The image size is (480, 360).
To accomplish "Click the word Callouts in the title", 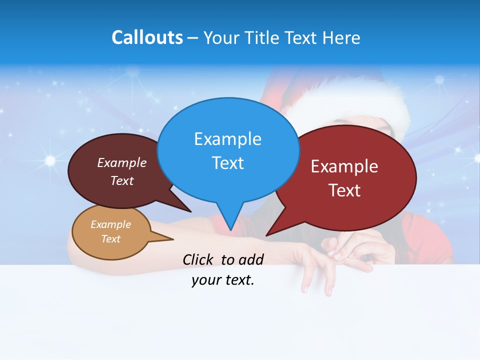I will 147,37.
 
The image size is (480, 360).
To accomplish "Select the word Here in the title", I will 341,37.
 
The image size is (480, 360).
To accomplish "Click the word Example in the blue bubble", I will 227,138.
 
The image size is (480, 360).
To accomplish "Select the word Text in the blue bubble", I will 227,162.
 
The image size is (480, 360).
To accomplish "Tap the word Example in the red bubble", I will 344,166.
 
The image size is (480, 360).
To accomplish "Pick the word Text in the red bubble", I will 344,190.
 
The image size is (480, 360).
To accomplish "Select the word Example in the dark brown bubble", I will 121,162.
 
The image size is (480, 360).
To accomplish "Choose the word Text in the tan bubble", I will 110,239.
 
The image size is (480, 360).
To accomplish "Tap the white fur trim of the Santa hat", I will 350,102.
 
